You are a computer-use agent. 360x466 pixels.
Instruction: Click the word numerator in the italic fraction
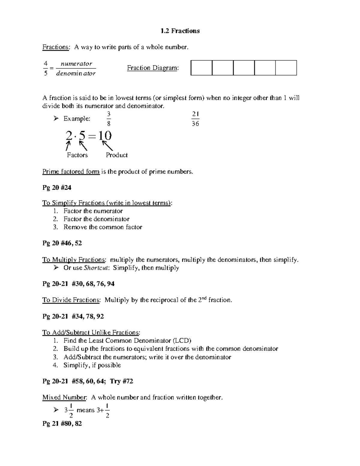(x=76, y=64)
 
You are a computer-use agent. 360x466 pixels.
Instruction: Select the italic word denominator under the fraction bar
(x=76, y=73)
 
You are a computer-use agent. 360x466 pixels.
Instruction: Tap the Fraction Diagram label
(x=153, y=68)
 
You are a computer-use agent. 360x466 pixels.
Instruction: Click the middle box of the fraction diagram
(x=244, y=68)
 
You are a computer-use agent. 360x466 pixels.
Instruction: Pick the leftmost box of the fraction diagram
(x=201, y=68)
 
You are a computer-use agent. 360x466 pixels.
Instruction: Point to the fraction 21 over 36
(x=195, y=119)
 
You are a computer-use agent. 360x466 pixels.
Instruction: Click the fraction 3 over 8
(x=109, y=119)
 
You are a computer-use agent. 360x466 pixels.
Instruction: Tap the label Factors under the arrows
(x=77, y=155)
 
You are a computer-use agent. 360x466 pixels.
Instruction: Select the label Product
(x=117, y=155)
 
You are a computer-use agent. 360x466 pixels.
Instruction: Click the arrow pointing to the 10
(x=108, y=146)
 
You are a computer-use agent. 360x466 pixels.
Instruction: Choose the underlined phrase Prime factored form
(x=71, y=172)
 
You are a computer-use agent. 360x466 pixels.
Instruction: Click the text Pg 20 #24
(x=57, y=188)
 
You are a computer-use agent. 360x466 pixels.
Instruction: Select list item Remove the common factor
(x=103, y=227)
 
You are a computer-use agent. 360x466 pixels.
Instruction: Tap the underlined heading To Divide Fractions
(x=71, y=300)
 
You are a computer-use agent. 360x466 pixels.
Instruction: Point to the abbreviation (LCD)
(x=181, y=341)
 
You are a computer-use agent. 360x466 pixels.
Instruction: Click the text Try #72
(x=121, y=381)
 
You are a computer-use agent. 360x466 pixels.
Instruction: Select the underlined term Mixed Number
(x=64, y=398)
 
